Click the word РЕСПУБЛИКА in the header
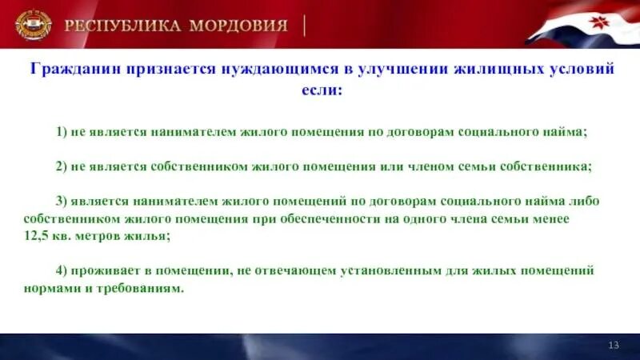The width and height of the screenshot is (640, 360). (x=122, y=25)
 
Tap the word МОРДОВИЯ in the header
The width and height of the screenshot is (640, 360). (x=238, y=25)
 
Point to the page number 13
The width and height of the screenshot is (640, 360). (x=614, y=345)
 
